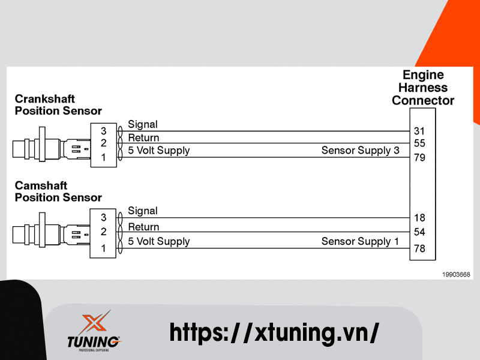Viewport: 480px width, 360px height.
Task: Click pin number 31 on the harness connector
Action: (419, 130)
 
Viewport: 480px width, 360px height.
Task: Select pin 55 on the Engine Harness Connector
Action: (419, 143)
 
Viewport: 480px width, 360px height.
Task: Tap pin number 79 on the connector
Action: (419, 158)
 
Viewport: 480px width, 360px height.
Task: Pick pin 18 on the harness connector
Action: (419, 218)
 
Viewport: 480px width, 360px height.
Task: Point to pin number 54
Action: (419, 232)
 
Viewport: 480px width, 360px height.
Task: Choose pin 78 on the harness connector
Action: (419, 248)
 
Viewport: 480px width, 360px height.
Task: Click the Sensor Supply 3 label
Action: (360, 151)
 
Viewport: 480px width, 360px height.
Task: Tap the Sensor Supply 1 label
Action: (360, 241)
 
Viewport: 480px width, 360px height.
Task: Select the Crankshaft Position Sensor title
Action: (58, 104)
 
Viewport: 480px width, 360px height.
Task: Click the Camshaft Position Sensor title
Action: (58, 191)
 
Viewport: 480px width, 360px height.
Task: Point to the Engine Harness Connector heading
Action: (423, 88)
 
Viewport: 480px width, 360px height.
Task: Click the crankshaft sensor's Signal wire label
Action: (143, 124)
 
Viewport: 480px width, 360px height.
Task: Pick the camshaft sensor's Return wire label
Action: (143, 227)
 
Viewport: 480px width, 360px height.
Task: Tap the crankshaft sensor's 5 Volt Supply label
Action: (158, 151)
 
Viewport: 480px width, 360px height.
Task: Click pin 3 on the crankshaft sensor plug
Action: (103, 131)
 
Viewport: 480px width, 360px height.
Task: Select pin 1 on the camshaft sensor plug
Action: (103, 247)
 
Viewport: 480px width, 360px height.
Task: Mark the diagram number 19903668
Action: (455, 274)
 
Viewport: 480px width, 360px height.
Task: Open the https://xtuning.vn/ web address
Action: (274, 331)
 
